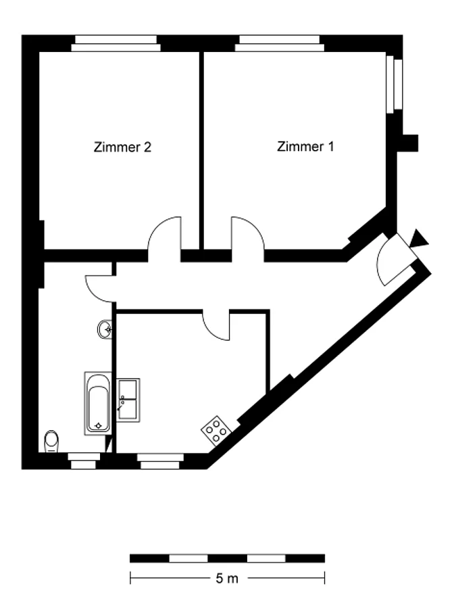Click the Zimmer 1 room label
pyautogui.click(x=305, y=147)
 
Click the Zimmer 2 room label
pyautogui.click(x=122, y=147)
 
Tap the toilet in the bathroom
pyautogui.click(x=51, y=442)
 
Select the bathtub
pyautogui.click(x=98, y=403)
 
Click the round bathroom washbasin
pyautogui.click(x=105, y=330)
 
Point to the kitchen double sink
pyautogui.click(x=128, y=400)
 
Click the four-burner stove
pyautogui.click(x=216, y=430)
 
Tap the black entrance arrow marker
pyautogui.click(x=418, y=239)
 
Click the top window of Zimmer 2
pyautogui.click(x=116, y=43)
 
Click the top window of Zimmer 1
pyautogui.click(x=280, y=43)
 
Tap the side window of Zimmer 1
pyautogui.click(x=394, y=85)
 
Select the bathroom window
pyautogui.click(x=83, y=461)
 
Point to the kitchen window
pyautogui.click(x=160, y=461)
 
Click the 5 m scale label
pyautogui.click(x=227, y=578)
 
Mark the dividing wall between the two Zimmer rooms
pyautogui.click(x=201, y=150)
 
